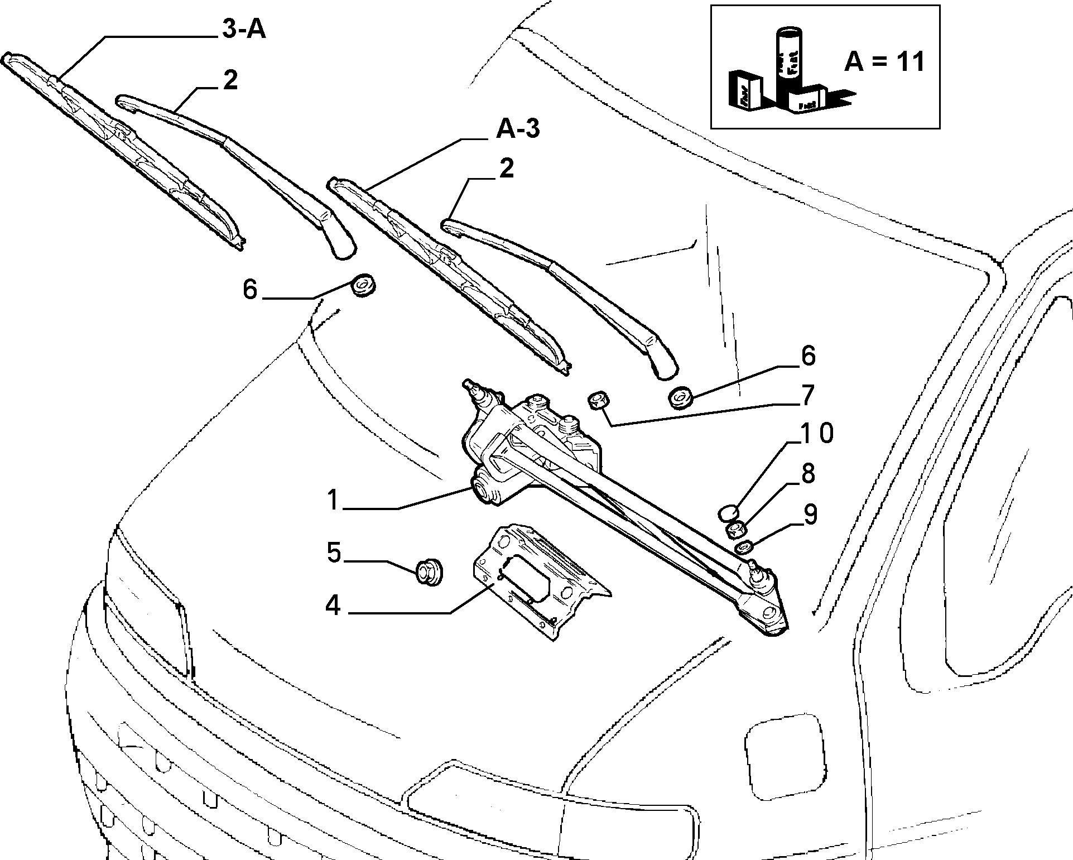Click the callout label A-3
click(x=518, y=130)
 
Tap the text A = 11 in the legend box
click(x=884, y=61)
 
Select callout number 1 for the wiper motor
click(x=333, y=500)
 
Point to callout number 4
click(x=333, y=606)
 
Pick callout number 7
click(x=807, y=395)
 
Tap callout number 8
click(x=807, y=474)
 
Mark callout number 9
click(x=810, y=515)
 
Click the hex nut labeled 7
click(x=599, y=400)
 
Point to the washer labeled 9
click(x=744, y=548)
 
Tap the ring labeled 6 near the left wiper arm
click(x=364, y=285)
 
